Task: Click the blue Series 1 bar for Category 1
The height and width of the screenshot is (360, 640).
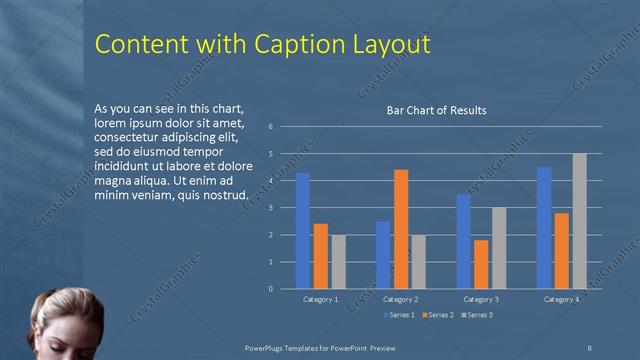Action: [303, 231]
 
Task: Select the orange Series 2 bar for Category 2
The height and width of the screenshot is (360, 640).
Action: [401, 229]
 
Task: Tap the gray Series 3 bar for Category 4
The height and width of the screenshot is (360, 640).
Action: [580, 221]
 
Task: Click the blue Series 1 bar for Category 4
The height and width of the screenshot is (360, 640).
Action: [544, 228]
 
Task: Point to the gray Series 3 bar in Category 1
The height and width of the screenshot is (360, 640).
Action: [338, 262]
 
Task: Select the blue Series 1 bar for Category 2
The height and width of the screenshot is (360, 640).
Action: [383, 255]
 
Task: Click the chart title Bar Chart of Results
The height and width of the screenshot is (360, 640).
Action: [437, 111]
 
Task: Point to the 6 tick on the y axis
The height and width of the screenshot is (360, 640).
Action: [271, 127]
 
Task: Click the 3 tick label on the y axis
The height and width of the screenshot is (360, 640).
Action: [271, 208]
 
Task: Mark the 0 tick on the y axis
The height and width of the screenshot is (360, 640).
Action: [271, 289]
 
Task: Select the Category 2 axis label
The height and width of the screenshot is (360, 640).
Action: [401, 299]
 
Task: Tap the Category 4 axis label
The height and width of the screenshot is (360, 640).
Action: [562, 299]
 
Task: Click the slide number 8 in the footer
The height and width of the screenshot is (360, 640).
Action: [590, 346]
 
